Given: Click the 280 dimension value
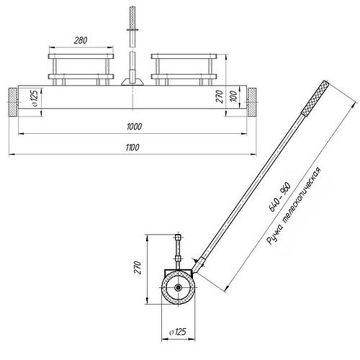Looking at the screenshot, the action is (x=81, y=40).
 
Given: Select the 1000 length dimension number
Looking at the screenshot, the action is (x=134, y=127).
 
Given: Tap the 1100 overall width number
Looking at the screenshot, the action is (x=132, y=148).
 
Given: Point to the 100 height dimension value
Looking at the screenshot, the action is (x=235, y=96).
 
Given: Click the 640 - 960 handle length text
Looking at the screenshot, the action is (x=280, y=197).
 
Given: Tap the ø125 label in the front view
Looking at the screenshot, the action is (x=34, y=98).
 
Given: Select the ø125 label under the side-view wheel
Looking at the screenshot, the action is (x=178, y=332).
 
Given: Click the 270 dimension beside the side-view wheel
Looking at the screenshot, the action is (x=138, y=267).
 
